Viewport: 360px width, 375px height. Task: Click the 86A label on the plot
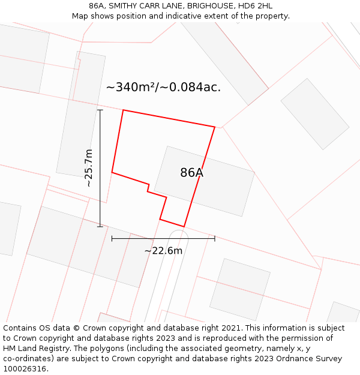[191, 173]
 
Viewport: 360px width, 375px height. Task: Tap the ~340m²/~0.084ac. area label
[163, 87]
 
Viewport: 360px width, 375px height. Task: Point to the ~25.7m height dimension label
[89, 168]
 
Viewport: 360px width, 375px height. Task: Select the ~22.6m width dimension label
[163, 250]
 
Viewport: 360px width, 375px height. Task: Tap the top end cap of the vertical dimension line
[100, 110]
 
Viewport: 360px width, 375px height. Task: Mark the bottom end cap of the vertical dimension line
[100, 227]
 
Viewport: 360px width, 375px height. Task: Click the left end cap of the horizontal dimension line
[112, 239]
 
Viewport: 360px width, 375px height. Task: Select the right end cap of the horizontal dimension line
[215, 239]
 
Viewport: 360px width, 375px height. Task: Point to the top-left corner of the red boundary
[123, 110]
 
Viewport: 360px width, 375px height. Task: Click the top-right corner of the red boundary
[215, 127]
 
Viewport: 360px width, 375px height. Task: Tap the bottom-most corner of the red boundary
[184, 227]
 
